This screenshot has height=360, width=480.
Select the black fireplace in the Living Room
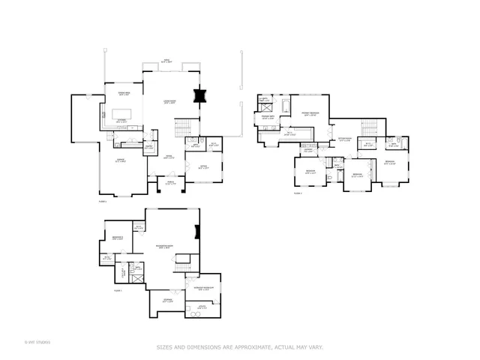199,96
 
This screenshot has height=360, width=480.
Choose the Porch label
170,183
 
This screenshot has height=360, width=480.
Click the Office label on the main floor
202,167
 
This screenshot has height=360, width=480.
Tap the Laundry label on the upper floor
308,150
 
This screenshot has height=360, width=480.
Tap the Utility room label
202,307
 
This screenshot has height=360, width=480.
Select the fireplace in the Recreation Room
197,231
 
